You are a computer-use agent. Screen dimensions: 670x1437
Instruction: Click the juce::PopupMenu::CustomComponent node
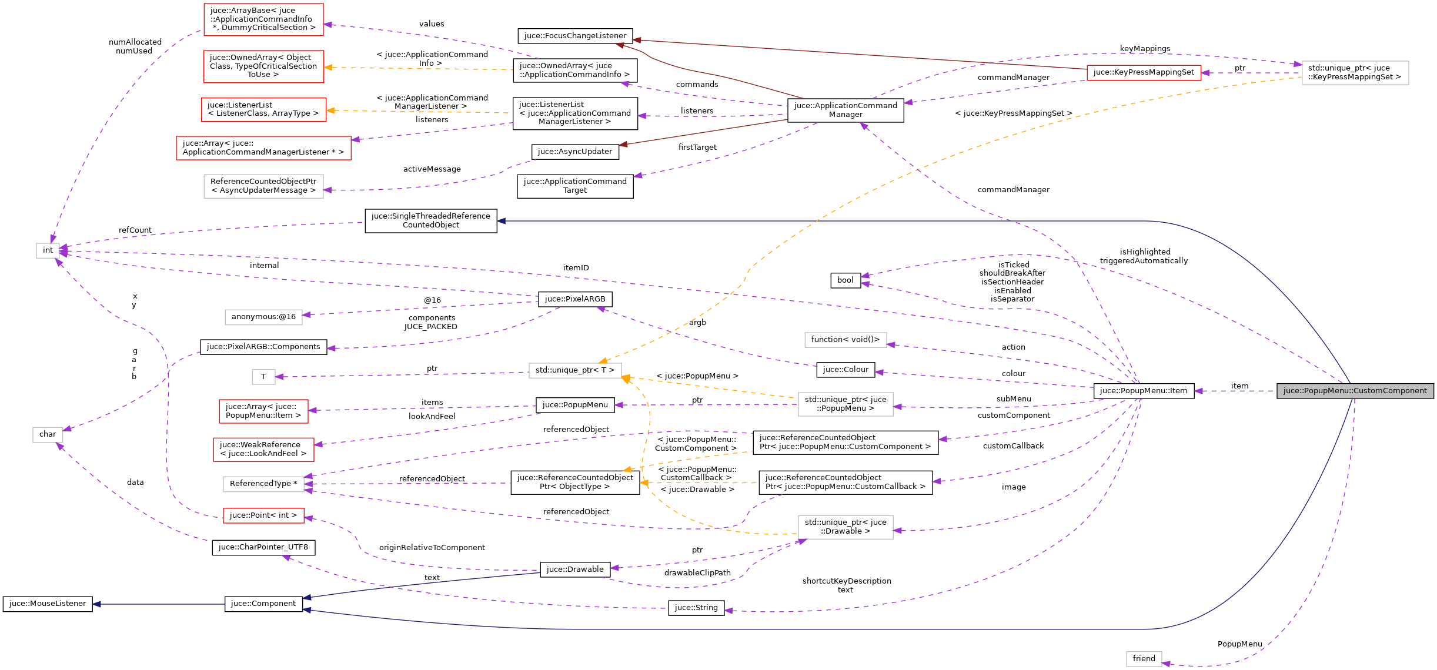(1355, 391)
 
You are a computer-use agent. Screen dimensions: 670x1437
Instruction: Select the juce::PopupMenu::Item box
(1144, 391)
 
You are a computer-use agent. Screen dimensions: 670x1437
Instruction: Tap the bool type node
(845, 280)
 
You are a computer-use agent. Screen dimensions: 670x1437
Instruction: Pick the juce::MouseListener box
(48, 604)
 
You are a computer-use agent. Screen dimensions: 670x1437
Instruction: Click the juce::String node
(696, 608)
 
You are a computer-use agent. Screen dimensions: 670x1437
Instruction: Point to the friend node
(1144, 659)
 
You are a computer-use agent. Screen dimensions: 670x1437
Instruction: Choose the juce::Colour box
(846, 370)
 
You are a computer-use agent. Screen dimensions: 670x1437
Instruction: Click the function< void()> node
(846, 340)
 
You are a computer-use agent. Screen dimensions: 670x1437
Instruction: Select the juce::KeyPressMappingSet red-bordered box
(1144, 72)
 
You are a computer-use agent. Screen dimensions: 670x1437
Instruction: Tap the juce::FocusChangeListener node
(575, 36)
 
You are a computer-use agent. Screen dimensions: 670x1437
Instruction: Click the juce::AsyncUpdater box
(575, 152)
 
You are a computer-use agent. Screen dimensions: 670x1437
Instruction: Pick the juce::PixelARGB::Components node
(263, 347)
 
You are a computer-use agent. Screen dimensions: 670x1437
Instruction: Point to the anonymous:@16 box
(263, 317)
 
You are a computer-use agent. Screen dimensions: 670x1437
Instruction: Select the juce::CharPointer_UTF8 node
(263, 547)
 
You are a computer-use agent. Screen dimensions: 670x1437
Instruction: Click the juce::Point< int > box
(263, 515)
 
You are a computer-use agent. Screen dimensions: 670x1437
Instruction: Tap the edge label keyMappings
(1145, 49)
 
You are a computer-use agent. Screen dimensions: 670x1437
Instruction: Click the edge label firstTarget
(697, 148)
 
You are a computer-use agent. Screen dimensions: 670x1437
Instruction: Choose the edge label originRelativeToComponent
(432, 548)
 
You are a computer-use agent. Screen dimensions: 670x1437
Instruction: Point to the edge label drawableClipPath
(697, 573)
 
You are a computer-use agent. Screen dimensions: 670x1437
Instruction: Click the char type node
(48, 434)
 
